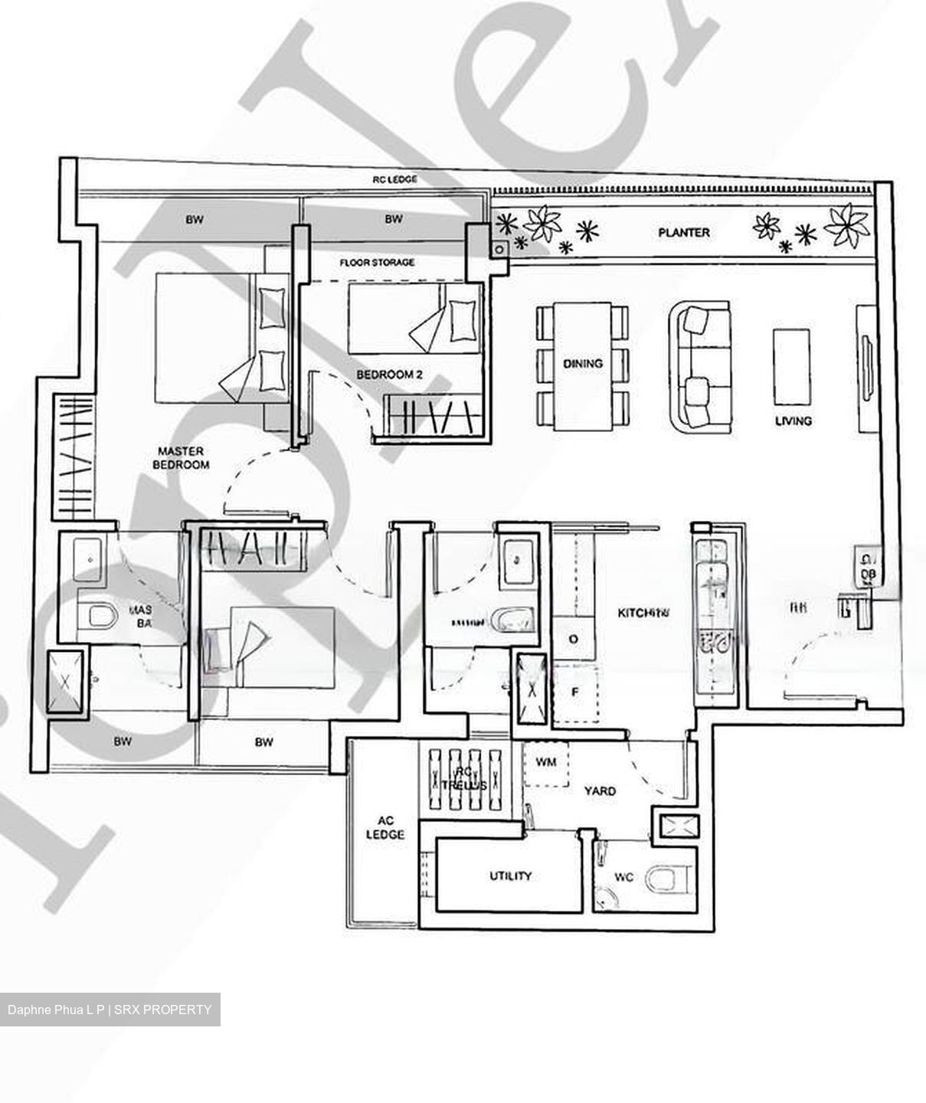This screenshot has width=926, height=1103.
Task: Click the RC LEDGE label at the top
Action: pos(394,179)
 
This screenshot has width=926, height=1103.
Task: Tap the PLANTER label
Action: pos(683,232)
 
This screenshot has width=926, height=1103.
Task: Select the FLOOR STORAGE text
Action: pos(377,263)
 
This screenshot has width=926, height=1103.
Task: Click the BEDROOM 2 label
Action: pos(389,375)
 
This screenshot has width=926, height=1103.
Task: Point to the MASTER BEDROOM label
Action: pos(181,458)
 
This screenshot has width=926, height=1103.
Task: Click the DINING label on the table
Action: pos(582,364)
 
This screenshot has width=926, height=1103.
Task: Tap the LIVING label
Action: pos(793,421)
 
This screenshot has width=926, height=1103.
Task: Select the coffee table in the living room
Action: pos(791,367)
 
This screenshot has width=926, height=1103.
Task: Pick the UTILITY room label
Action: pos(510,876)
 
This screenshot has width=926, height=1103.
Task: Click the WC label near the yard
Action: pos(623,877)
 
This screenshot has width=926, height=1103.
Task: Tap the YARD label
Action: pos(599,790)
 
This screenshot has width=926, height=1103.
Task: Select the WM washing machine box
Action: pos(545,763)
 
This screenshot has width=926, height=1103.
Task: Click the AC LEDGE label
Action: pos(384,827)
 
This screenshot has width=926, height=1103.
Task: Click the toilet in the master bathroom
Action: pos(100,614)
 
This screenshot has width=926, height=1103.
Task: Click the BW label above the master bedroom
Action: pos(195,220)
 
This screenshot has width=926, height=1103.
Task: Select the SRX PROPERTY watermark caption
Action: pos(110,1010)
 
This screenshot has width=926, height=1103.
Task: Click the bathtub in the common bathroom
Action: pos(512,620)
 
